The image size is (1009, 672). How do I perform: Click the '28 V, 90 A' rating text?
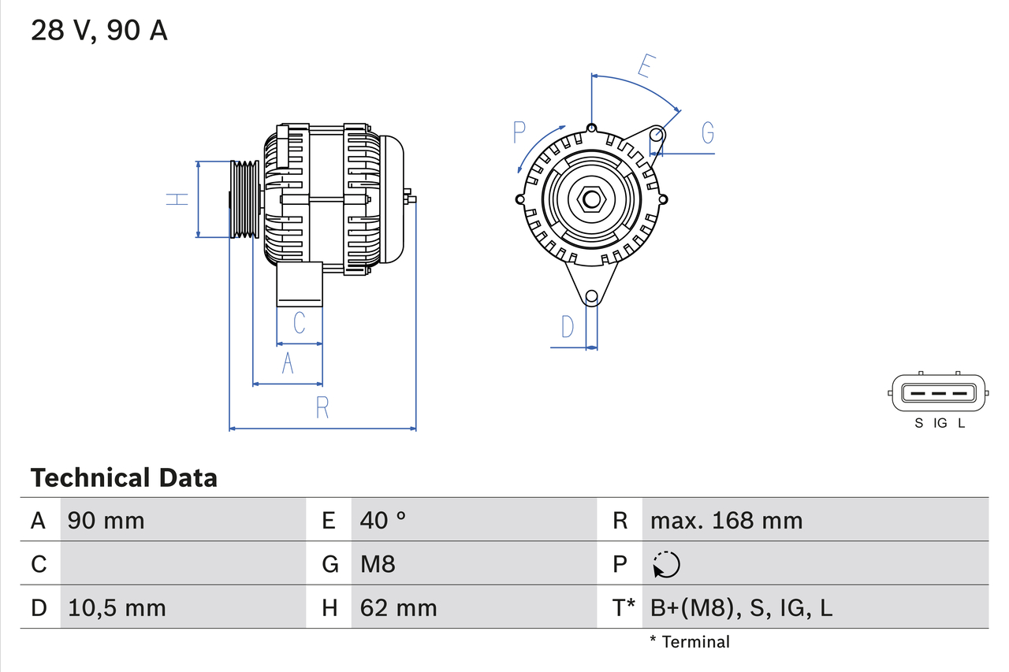pos(99,31)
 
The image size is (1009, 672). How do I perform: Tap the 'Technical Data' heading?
pos(124,477)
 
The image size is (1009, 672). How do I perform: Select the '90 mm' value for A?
pos(106,520)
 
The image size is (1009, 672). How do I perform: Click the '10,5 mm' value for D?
pos(117,607)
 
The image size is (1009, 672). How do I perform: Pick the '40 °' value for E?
pos(383,520)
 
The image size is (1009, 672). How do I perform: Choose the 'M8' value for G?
pos(378,564)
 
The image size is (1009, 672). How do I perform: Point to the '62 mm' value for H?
pos(398,607)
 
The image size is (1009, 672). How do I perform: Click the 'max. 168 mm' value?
pos(726,520)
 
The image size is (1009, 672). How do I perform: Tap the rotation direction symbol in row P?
pos(666,564)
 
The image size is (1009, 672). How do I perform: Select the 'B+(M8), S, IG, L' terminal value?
pos(741,607)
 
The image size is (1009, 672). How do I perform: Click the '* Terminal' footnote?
pos(690,642)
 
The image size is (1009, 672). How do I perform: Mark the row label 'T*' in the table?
pos(624,607)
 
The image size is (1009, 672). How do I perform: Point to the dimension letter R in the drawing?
pos(322,408)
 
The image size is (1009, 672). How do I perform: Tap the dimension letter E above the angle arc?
pos(644,67)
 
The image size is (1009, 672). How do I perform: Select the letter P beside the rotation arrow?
pos(519,132)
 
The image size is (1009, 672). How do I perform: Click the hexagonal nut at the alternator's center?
pos(591,199)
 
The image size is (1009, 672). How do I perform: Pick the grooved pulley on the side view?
pos(244,199)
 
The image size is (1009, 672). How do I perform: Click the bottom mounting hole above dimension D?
pos(590,297)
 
